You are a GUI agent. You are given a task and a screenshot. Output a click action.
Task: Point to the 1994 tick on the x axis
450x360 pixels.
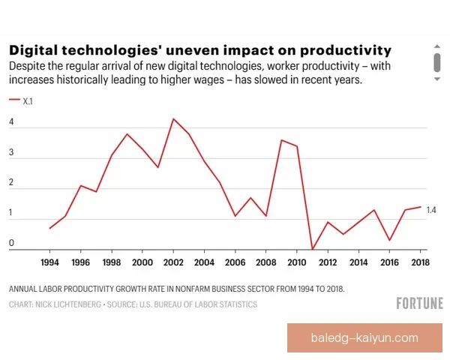click(49, 262)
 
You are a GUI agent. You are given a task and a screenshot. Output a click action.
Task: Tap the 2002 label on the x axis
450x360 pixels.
click(174, 262)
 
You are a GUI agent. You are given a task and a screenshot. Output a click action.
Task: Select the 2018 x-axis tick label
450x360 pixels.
click(420, 262)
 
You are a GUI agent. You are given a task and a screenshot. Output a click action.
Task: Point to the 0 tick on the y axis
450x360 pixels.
click(11, 243)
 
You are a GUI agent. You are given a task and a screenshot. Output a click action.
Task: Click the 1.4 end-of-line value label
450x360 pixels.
click(431, 210)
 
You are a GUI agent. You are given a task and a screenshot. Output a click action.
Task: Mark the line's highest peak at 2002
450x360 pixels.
click(173, 118)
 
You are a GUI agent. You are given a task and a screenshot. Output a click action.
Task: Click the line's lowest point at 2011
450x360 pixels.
click(313, 249)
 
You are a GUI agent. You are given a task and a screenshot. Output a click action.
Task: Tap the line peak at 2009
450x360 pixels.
click(281, 140)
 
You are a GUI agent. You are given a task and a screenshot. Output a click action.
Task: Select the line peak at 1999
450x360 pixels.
click(127, 134)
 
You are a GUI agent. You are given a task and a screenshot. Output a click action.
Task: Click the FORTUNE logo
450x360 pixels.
click(419, 303)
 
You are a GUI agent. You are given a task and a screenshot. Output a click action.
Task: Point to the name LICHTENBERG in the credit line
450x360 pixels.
click(82, 304)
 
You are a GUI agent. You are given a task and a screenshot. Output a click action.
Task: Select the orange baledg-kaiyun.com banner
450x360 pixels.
click(364, 338)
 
